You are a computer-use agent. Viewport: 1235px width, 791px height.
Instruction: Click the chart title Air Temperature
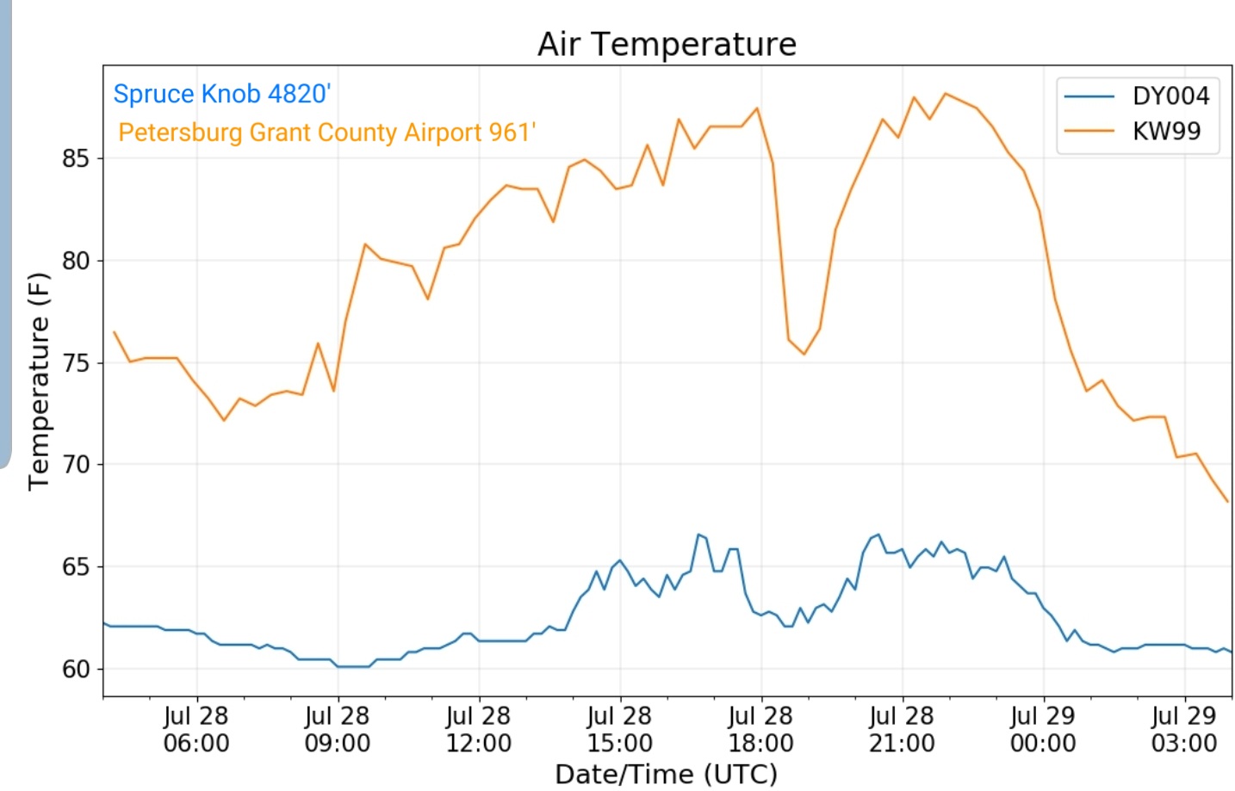[x=667, y=44]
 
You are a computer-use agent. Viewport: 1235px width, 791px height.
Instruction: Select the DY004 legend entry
[x=1137, y=96]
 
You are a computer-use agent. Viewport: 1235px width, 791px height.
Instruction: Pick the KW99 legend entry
[x=1133, y=131]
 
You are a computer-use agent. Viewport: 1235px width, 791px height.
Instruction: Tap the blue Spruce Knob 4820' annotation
[x=221, y=94]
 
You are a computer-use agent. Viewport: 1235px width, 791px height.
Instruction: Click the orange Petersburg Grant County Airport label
[x=327, y=133]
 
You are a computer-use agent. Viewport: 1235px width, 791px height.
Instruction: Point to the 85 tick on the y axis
[x=76, y=158]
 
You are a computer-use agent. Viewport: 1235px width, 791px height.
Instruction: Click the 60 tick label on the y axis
[x=76, y=670]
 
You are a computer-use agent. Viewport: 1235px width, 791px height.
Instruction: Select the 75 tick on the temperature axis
[x=76, y=363]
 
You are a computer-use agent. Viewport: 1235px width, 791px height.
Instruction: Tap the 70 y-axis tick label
[x=76, y=465]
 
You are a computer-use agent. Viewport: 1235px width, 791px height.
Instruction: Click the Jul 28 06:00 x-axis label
[x=196, y=729]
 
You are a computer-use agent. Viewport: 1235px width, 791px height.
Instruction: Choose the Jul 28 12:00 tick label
[x=479, y=729]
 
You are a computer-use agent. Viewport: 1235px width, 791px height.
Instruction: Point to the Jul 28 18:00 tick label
[x=760, y=729]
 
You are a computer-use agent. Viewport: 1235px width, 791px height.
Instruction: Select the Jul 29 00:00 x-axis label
[x=1043, y=729]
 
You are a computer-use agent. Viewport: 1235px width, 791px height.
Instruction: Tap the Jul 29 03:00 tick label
[x=1184, y=729]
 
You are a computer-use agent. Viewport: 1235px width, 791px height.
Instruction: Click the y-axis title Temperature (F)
[x=39, y=381]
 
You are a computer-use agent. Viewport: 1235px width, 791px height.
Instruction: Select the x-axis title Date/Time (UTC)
[x=667, y=775]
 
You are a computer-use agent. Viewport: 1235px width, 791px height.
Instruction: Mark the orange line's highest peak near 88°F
[x=946, y=94]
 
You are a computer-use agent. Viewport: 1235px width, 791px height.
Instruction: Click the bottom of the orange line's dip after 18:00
[x=804, y=354]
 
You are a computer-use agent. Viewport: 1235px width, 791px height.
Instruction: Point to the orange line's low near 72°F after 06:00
[x=224, y=420]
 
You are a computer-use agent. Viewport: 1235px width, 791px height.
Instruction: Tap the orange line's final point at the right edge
[x=1227, y=501]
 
